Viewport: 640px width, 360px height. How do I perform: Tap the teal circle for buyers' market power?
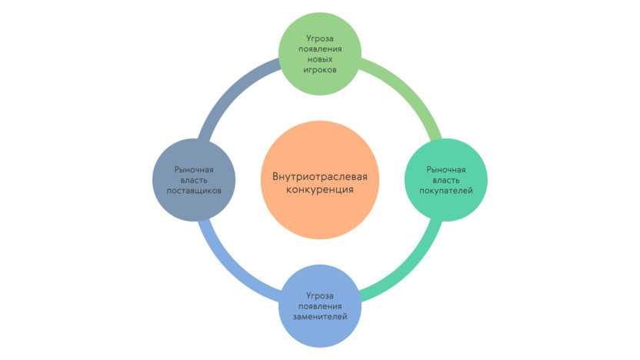[x=446, y=179]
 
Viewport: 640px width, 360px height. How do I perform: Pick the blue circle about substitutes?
[x=319, y=305]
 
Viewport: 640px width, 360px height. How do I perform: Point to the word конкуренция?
[x=319, y=189]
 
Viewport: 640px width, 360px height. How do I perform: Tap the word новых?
[x=319, y=58]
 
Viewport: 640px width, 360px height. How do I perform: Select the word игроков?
[x=319, y=69]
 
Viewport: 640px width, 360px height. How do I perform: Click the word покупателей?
[x=446, y=190]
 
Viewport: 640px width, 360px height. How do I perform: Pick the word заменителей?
[x=319, y=316]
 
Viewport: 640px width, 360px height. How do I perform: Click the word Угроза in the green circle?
[x=319, y=36]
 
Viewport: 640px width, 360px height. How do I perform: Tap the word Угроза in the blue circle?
[x=319, y=295]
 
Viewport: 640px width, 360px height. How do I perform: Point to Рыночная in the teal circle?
[x=446, y=168]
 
